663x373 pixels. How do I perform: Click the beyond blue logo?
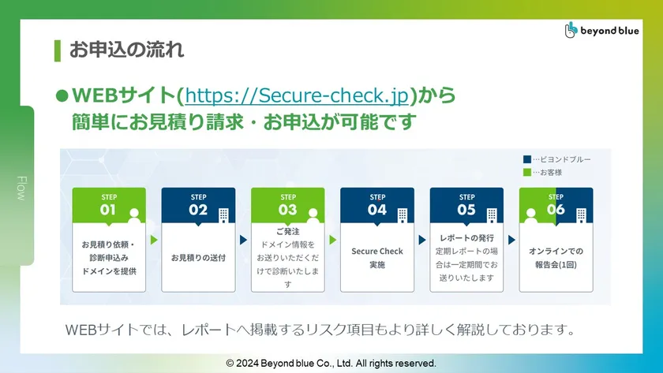coord(601,30)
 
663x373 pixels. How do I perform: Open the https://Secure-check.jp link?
coord(297,95)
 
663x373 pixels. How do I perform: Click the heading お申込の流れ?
coord(126,50)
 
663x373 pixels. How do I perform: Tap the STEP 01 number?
coord(108,210)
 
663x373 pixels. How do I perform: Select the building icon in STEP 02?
coord(223,215)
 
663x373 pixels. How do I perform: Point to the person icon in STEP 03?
coord(313,215)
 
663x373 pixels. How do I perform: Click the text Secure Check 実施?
coord(377,258)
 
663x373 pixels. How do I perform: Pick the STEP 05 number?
coord(466,210)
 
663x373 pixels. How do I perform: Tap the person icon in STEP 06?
coord(530,215)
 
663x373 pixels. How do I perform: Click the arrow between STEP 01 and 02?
coord(154,240)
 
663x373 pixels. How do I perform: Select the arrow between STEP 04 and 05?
coord(422,240)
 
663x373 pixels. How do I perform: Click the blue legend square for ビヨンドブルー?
coord(527,159)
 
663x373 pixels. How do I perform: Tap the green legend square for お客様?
coord(527,172)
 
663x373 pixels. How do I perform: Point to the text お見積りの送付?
coord(198,258)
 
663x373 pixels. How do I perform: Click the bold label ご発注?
coord(288,232)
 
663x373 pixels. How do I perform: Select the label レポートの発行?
coord(466,238)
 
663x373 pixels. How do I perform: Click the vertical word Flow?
coord(21,188)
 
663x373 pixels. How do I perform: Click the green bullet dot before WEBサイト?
coord(62,96)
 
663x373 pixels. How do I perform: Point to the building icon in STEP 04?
coord(403,215)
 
